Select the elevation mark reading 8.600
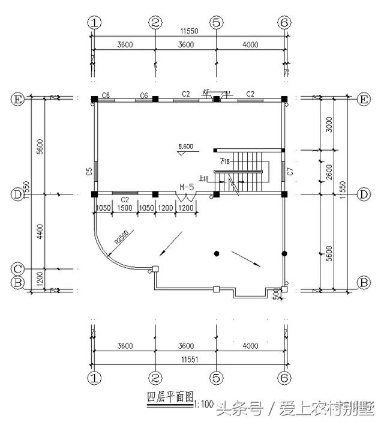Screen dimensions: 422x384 coord(186,146)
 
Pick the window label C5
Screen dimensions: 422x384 coord(89,172)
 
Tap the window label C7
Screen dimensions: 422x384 coord(290,172)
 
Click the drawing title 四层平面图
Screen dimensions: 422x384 coord(170,397)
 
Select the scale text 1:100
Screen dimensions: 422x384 coord(204,404)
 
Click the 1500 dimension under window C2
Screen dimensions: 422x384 coord(124,208)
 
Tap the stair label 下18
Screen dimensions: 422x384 coord(224,160)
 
